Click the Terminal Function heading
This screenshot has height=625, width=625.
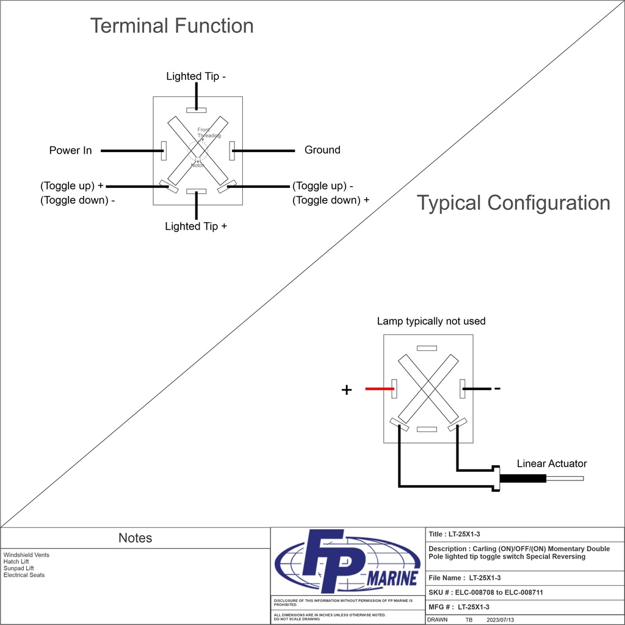coord(172,26)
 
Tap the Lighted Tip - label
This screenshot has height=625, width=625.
coord(196,76)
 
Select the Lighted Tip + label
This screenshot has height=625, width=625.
coord(196,226)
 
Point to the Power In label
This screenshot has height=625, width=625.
coord(70,150)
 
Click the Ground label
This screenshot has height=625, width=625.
coord(322,150)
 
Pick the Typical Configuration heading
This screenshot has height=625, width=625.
coord(513,203)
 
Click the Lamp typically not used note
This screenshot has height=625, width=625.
coord(431,321)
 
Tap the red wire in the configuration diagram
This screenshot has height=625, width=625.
coord(378,389)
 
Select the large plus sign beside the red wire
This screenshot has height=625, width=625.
coord(347,390)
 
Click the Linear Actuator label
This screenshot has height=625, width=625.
coord(552,464)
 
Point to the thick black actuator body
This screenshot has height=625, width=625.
coord(522,479)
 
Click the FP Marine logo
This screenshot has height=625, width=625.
coord(347,560)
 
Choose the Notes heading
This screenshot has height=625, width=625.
coord(135,538)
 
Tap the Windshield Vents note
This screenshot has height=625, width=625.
coord(26,555)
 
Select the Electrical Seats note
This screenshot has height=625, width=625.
coord(24,575)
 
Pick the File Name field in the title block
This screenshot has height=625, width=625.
coord(464,577)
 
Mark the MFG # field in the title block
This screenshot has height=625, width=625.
coord(459,607)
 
